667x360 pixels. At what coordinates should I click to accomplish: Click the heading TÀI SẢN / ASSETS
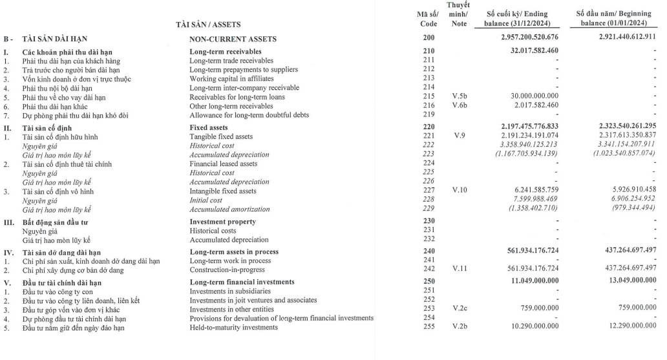208,25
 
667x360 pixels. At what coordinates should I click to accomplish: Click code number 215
428,97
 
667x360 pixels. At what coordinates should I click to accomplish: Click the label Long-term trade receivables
231,61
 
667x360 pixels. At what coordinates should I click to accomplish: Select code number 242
428,269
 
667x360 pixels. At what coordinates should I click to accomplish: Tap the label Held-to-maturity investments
233,327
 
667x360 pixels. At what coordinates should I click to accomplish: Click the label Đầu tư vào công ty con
59,291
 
